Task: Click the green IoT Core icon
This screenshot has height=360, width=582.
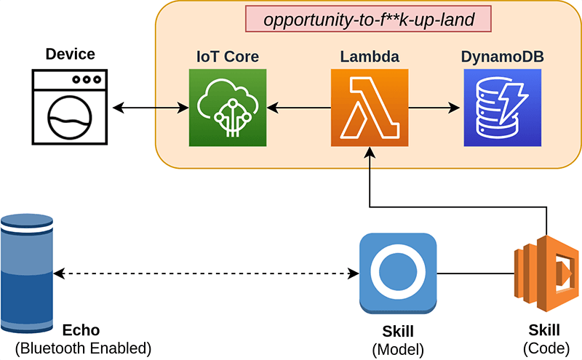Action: (x=226, y=107)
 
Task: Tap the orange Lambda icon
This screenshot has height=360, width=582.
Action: (x=369, y=107)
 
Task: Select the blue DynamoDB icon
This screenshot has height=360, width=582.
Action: (x=501, y=107)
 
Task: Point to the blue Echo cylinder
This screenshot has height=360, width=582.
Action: (x=28, y=275)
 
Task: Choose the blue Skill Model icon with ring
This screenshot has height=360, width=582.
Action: (x=398, y=273)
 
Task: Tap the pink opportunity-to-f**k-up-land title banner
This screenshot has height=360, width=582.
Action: (x=368, y=20)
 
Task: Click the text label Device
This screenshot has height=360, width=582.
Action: (x=70, y=55)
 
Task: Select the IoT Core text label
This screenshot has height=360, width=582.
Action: (x=226, y=56)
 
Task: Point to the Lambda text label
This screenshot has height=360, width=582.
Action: (x=369, y=56)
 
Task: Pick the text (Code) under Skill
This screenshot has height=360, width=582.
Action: (x=544, y=348)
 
